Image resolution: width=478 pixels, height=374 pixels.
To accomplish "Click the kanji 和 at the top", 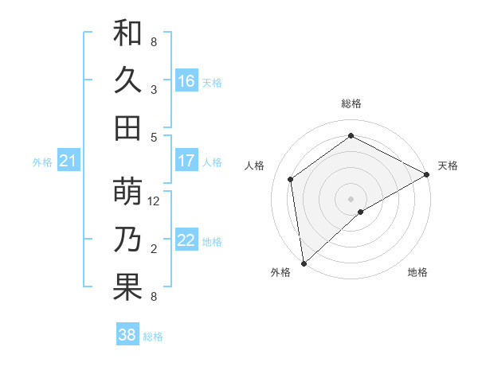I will coord(127,33).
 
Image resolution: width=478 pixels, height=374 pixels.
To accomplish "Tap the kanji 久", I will coord(127,80).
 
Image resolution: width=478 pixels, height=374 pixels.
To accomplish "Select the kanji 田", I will coord(127,127).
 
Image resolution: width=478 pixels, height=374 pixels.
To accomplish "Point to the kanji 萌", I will coord(127,193).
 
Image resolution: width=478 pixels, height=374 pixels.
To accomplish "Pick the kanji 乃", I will coord(127,240).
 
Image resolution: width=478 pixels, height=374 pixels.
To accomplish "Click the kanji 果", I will coord(127,287).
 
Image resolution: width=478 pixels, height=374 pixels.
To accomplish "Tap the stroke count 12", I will coord(155,201).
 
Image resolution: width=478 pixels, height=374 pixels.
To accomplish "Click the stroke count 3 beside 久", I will coord(154,89).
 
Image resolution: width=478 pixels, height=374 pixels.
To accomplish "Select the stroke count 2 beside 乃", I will coord(154,249).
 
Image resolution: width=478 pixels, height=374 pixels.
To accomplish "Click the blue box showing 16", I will coord(186,81).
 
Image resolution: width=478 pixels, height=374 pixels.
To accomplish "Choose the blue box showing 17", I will coord(186,161).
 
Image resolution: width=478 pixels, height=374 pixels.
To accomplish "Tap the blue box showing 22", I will coord(186,240).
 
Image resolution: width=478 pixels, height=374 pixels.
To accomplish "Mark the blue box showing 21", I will coord(68,162).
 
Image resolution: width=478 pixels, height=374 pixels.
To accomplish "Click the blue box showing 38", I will coord(127,335).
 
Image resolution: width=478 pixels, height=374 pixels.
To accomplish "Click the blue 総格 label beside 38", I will coord(153,337).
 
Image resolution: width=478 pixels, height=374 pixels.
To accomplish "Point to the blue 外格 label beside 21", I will coord(42,162).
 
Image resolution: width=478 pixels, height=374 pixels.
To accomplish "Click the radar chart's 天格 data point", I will coord(426,175).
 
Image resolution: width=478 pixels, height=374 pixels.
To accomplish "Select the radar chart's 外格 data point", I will coord(304,263).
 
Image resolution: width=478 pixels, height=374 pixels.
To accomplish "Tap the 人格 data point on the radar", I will coord(291,179).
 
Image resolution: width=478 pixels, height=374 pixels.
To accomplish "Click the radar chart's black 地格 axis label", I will coord(417,273).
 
